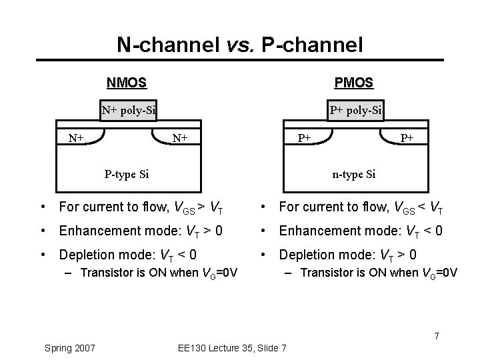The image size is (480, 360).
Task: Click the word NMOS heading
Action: [127, 83]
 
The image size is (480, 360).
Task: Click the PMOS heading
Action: [354, 83]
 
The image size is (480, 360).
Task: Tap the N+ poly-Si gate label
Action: [129, 110]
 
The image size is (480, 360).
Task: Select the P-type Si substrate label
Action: [127, 175]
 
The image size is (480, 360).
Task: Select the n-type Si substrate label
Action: [354, 175]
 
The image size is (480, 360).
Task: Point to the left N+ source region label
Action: [76, 138]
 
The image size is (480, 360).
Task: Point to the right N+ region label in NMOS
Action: [179, 139]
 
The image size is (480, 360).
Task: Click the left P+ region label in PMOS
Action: [305, 139]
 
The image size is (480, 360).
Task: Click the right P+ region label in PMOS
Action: [407, 138]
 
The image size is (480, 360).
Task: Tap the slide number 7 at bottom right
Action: [437, 335]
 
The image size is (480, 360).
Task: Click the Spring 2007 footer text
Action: [69, 348]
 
